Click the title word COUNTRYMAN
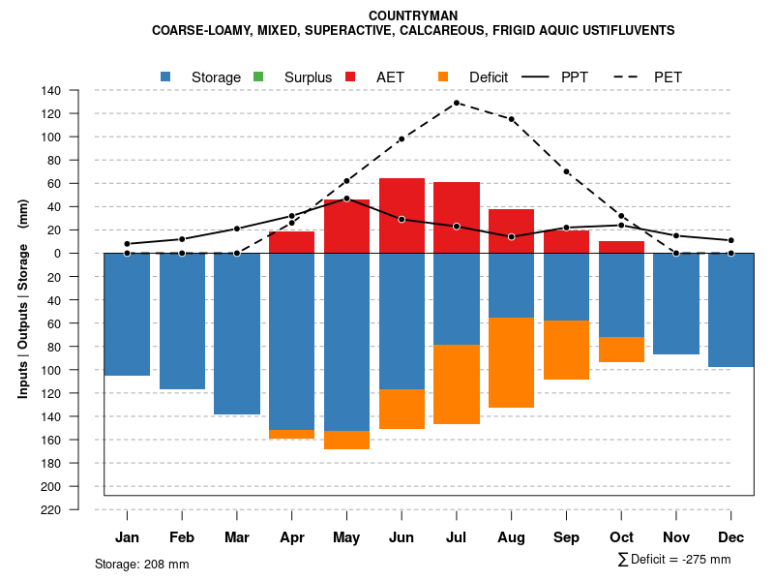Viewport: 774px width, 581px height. [x=413, y=15]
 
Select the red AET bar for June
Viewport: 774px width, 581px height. [x=402, y=215]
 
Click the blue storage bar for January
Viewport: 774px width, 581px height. [x=127, y=314]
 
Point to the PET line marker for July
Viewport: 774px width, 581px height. [x=456, y=103]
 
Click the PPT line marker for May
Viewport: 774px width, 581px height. [x=346, y=199]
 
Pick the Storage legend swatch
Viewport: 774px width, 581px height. [x=166, y=76]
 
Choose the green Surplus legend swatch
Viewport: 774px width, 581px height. [x=258, y=76]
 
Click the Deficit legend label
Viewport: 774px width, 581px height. [x=488, y=76]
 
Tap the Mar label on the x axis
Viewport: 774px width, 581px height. [x=237, y=537]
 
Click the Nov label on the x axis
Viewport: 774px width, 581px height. [x=676, y=537]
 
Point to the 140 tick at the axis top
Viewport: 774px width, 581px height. [x=52, y=91]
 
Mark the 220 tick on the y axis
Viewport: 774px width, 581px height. [x=52, y=509]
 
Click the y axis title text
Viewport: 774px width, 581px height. [x=23, y=300]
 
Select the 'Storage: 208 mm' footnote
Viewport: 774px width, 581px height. [x=142, y=564]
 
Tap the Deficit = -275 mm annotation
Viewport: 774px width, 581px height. [x=673, y=559]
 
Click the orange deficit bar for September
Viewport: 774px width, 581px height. [x=566, y=350]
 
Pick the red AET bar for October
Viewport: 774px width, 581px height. [x=621, y=247]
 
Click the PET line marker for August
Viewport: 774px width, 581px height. [x=511, y=119]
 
